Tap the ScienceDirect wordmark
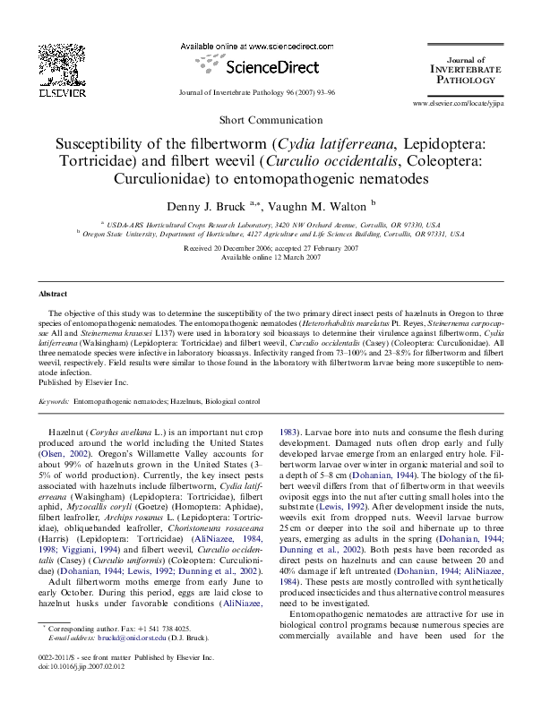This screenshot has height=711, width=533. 262,66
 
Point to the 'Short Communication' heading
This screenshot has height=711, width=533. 266,119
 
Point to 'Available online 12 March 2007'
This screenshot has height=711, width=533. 266,257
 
